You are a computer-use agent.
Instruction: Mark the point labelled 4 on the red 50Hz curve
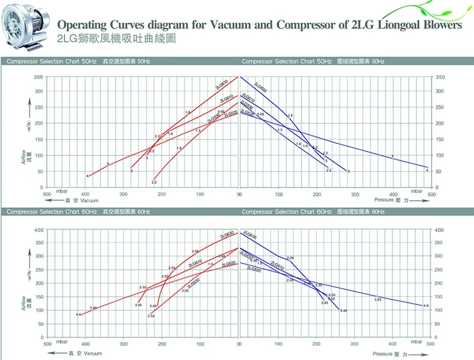[88, 176]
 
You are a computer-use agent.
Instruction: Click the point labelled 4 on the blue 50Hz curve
[427, 170]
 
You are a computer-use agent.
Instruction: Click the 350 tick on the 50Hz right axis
[441, 77]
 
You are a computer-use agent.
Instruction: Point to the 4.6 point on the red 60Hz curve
[78, 314]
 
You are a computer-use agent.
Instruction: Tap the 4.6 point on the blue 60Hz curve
[426, 306]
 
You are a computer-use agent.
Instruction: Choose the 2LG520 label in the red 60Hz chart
[229, 263]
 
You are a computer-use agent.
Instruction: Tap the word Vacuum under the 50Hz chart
[89, 201]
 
